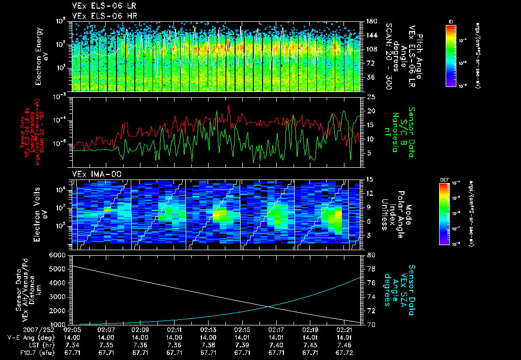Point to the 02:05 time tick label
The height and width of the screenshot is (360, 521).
(x=73, y=329)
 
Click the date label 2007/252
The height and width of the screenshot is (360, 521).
(x=22, y=329)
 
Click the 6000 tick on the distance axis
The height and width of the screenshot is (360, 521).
(x=56, y=255)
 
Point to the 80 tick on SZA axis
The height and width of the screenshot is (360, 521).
(x=371, y=255)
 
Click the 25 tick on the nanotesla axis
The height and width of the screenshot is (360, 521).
(x=371, y=97)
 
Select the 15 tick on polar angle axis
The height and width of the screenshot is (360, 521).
(x=371, y=179)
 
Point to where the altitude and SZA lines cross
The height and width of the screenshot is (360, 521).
(x=268, y=306)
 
